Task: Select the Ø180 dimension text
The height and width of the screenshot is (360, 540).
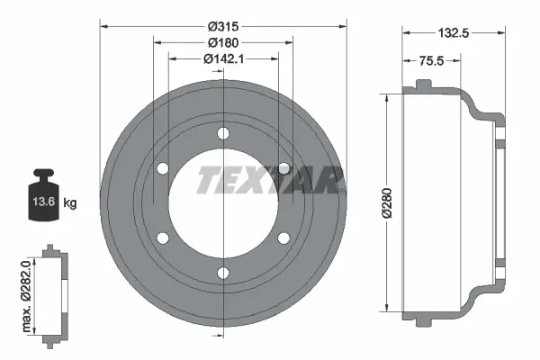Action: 222,42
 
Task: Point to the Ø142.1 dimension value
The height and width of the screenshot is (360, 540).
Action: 222,59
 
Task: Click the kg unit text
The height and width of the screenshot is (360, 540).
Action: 69,203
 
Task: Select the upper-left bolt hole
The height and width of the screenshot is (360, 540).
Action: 163,168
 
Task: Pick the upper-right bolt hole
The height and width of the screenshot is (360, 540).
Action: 283,168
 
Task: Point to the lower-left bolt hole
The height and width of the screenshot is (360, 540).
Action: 163,238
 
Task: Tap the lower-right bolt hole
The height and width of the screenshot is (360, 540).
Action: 283,238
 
